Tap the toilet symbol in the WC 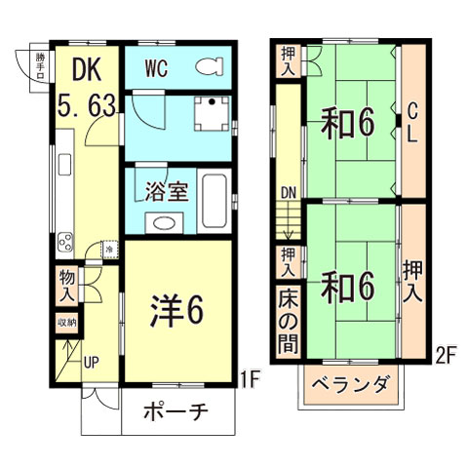[x=208, y=67]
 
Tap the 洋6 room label [x=176, y=311]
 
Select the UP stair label [x=91, y=363]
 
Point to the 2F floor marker [x=446, y=357]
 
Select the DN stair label [x=288, y=193]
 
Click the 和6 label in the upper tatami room [x=348, y=124]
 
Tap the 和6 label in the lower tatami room [x=348, y=287]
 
